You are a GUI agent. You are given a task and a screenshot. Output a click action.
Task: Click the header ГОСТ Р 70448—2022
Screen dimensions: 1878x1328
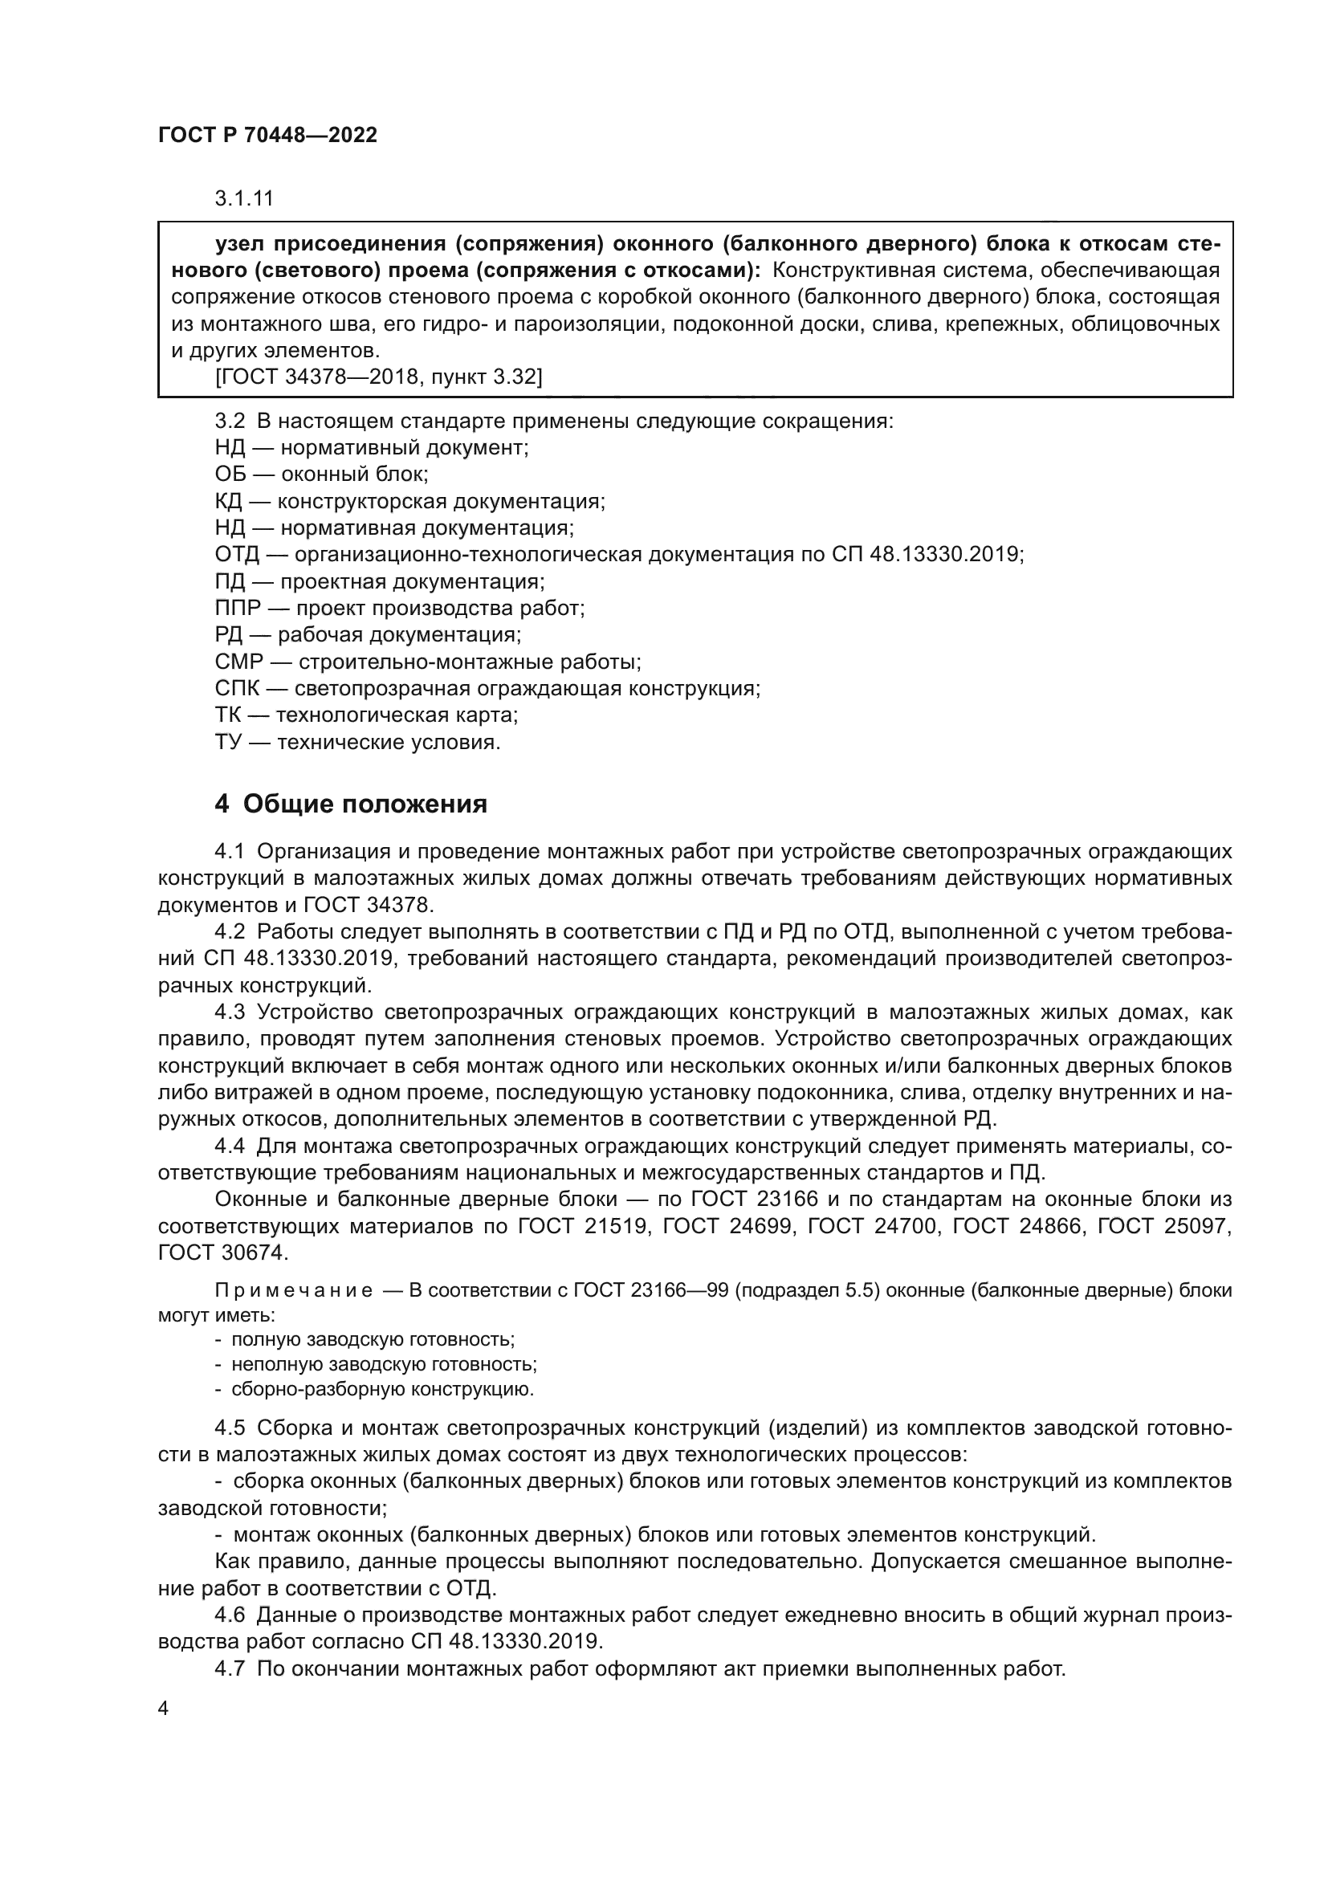coord(267,135)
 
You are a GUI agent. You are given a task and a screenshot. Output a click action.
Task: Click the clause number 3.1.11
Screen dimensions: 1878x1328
coord(244,198)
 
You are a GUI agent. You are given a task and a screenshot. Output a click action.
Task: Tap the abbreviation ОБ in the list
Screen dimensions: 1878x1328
coord(230,475)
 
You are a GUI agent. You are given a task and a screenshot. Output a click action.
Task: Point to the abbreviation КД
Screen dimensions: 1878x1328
coord(229,501)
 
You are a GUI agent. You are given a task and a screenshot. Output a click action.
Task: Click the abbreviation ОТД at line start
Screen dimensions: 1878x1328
coord(236,555)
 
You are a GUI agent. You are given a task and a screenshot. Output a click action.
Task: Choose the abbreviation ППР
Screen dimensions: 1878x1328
coord(238,609)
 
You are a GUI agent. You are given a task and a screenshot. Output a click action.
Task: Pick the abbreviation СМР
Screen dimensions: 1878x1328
coord(238,662)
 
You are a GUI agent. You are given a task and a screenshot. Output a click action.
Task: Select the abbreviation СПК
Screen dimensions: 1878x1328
coord(236,689)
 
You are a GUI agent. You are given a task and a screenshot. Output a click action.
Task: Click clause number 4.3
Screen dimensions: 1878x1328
coord(230,1012)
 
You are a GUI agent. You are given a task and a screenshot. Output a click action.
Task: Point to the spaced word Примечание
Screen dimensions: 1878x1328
coord(294,1291)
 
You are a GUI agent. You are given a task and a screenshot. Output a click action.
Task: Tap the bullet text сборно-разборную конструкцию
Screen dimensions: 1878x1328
coord(382,1389)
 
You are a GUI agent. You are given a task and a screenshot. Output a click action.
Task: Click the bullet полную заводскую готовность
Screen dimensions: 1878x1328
coord(372,1340)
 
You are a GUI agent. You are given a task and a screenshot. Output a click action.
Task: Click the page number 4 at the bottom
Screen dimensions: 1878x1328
coord(163,1709)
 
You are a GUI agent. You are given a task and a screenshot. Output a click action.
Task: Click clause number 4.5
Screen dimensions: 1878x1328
coord(230,1428)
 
